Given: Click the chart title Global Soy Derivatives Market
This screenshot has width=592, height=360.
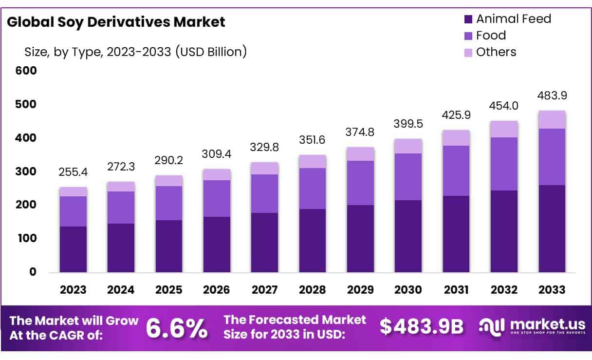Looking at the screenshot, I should pos(116,22).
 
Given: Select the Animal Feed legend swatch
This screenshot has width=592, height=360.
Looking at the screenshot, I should pos(468,19).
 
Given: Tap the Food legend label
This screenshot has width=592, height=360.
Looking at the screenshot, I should pos(491,36).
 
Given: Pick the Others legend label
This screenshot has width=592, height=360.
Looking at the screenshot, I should pos(496,52).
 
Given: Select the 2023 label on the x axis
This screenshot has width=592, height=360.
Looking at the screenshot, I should pos(73,290).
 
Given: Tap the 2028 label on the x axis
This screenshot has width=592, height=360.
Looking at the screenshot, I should pos(313,290).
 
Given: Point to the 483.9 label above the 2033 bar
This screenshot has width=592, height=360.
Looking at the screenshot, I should pos(552,95).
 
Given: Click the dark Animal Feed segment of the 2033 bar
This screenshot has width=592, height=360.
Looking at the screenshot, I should pos(552,228).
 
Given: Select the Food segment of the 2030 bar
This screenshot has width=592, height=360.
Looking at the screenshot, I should pos(408,177).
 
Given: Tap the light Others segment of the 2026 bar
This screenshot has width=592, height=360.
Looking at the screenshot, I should pos(217,175).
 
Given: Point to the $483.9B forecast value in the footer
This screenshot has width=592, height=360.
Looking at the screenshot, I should pos(422,327).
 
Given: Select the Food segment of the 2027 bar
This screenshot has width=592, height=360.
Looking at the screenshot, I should pos(264,193).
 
